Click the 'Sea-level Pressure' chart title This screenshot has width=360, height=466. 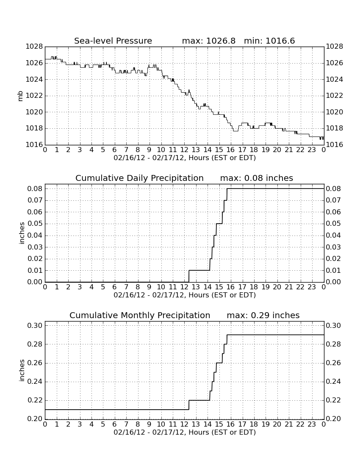click(113, 41)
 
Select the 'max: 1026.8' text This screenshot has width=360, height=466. click(208, 41)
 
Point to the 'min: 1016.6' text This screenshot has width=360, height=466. click(269, 41)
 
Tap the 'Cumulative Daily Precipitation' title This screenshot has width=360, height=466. click(139, 178)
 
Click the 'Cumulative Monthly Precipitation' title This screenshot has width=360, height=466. click(140, 315)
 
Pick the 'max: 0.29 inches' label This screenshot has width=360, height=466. click(263, 315)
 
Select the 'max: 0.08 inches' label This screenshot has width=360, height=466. click(257, 178)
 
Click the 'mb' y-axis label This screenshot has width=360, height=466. click(20, 96)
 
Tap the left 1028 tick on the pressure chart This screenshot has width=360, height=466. click(34, 46)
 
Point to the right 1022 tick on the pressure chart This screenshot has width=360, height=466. click(335, 96)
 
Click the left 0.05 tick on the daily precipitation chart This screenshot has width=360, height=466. click(35, 224)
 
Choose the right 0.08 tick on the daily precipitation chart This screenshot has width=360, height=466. click(334, 189)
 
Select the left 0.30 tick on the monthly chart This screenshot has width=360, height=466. click(35, 325)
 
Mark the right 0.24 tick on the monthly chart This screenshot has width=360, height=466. click(334, 382)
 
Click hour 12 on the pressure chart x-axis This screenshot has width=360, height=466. click(184, 150)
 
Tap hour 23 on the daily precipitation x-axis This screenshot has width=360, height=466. click(312, 287)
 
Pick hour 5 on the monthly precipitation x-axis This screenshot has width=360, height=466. click(103, 424)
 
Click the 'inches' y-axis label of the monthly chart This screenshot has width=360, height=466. click(21, 370)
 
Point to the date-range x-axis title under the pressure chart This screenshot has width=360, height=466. click(185, 158)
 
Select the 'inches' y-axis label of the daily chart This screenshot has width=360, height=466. click(21, 233)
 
